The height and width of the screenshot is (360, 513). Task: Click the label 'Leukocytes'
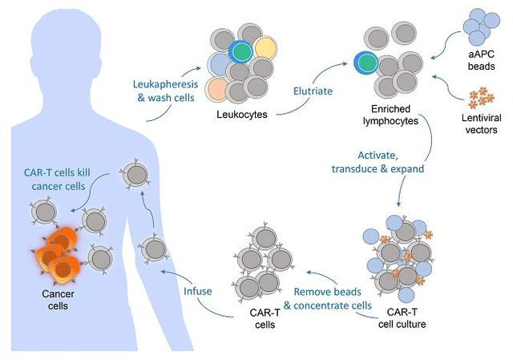(242, 115)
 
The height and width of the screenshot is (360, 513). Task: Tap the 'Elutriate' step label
(312, 91)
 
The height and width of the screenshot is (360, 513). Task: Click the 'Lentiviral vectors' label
(481, 123)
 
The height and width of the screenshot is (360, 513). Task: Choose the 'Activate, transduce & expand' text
(374, 160)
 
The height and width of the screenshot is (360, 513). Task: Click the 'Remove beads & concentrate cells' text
(326, 298)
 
